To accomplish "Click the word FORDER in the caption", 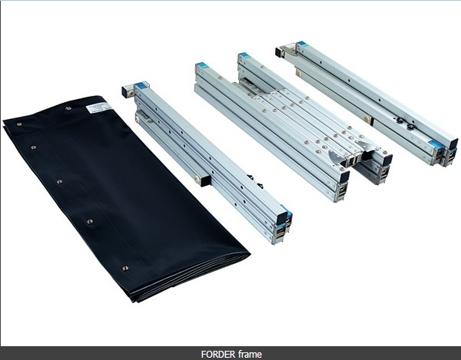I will pyautogui.click(x=218, y=354).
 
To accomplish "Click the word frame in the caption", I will pyautogui.click(x=249, y=354).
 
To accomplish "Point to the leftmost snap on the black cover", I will pyautogui.click(x=33, y=146).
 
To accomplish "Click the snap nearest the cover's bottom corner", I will pyautogui.click(x=125, y=268).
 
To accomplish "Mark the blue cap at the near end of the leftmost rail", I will pyautogui.click(x=286, y=218).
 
